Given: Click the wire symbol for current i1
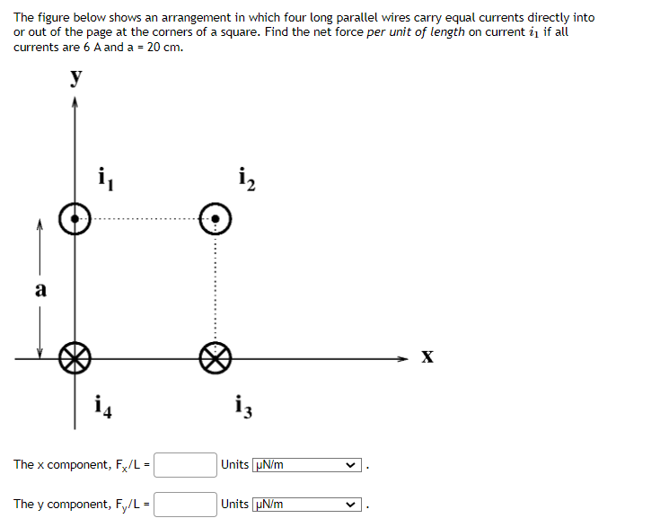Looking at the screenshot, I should (75, 218).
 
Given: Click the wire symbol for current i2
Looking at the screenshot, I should (216, 218).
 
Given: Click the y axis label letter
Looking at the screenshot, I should (77, 78).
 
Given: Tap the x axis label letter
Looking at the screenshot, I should (428, 358).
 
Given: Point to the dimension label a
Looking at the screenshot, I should (40, 289).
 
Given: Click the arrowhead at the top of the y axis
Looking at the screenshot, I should (75, 103).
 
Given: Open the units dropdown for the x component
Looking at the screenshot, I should (307, 465).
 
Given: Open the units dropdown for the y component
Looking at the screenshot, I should (307, 505).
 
